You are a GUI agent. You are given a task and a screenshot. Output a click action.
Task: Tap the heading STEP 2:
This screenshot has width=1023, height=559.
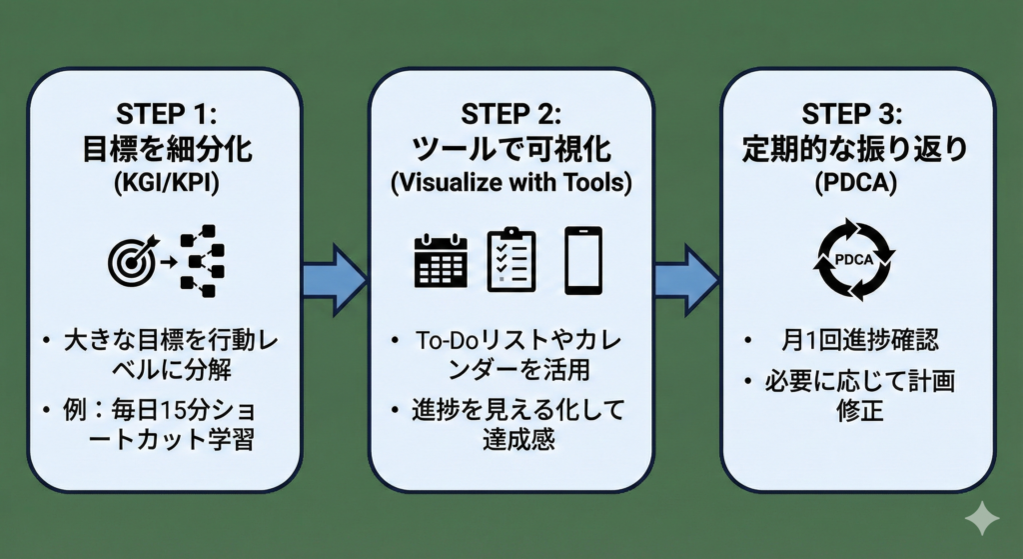(x=511, y=113)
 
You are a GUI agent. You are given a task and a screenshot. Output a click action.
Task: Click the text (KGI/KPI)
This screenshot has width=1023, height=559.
(x=165, y=186)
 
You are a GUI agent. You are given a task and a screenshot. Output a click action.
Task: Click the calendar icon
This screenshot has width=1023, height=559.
(x=441, y=261)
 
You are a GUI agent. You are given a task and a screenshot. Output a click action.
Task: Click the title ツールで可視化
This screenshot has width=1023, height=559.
(x=511, y=148)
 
